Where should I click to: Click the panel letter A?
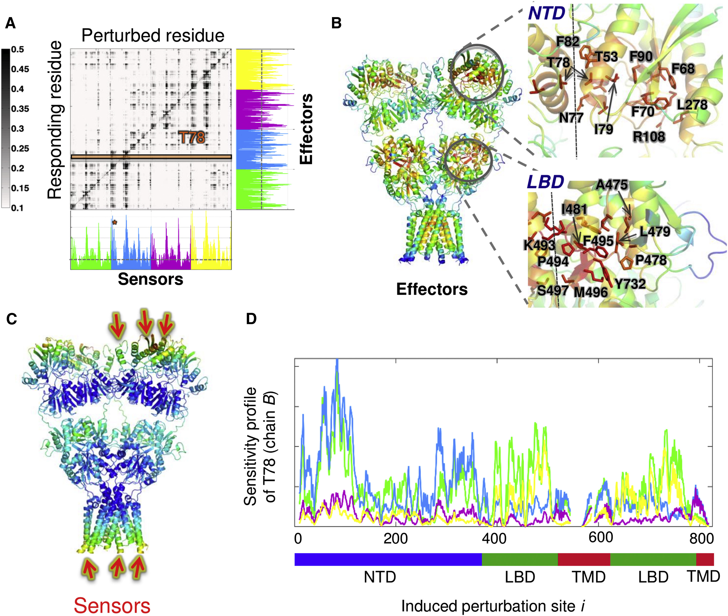(x=11, y=23)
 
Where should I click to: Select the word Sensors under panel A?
(x=150, y=279)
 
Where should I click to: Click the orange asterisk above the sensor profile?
(x=114, y=222)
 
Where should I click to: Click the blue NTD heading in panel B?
(x=546, y=14)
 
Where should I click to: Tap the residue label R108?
(x=649, y=136)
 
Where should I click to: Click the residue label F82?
(x=568, y=42)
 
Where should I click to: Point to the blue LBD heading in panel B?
(x=545, y=182)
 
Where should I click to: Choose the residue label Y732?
(x=630, y=284)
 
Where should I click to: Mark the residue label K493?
(x=539, y=245)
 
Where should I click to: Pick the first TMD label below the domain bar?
(x=588, y=577)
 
